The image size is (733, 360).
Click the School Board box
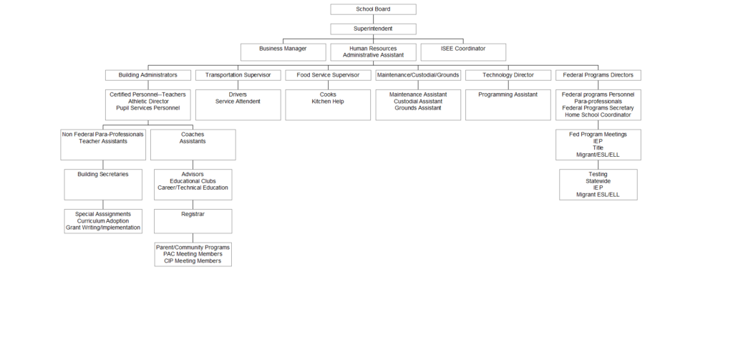coord(373,9)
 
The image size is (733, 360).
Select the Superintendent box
coord(373,29)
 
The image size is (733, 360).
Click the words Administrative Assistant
coord(373,55)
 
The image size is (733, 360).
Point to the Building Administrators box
coord(148,75)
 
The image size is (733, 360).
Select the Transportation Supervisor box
coord(238,75)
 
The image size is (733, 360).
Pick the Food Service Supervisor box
coord(328,75)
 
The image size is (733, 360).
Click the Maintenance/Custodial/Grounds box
coord(418,75)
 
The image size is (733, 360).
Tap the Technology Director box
coord(508,75)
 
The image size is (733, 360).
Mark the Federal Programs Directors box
coord(598,75)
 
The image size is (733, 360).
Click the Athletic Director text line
coord(148,101)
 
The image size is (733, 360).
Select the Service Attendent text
coord(238,101)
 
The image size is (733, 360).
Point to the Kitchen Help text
coord(328,101)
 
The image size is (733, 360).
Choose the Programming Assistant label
coord(508,94)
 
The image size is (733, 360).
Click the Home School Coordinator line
coord(598,115)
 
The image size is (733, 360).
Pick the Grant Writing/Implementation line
coord(103,228)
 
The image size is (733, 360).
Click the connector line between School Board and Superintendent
coord(373,19)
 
